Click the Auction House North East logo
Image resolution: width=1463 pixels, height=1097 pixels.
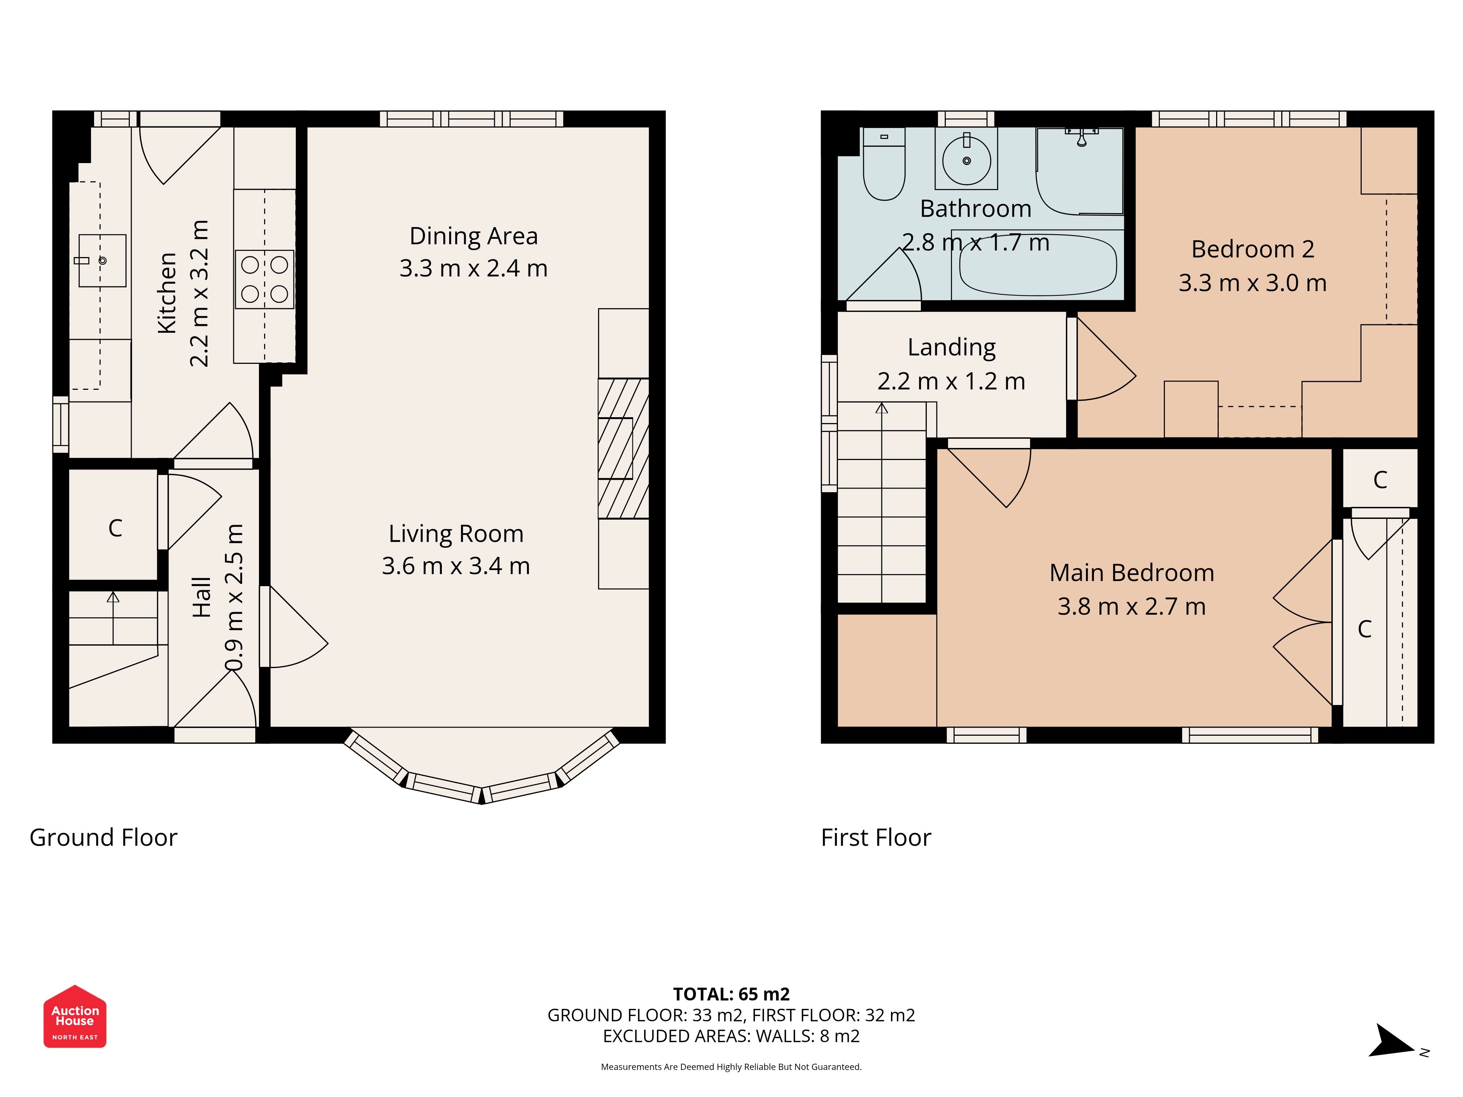[75, 1016]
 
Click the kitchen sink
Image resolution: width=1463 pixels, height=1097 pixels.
[102, 260]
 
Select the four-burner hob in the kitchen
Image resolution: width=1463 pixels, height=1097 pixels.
[264, 279]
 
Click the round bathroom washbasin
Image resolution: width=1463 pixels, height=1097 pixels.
[966, 161]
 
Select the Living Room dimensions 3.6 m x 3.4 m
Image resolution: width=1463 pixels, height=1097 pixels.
[456, 566]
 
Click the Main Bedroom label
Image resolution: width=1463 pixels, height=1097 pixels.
[1132, 573]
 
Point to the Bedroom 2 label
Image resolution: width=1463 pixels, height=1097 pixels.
[1253, 249]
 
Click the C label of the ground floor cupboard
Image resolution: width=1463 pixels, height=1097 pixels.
[115, 528]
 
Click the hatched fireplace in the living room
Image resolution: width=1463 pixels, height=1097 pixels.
[623, 448]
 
